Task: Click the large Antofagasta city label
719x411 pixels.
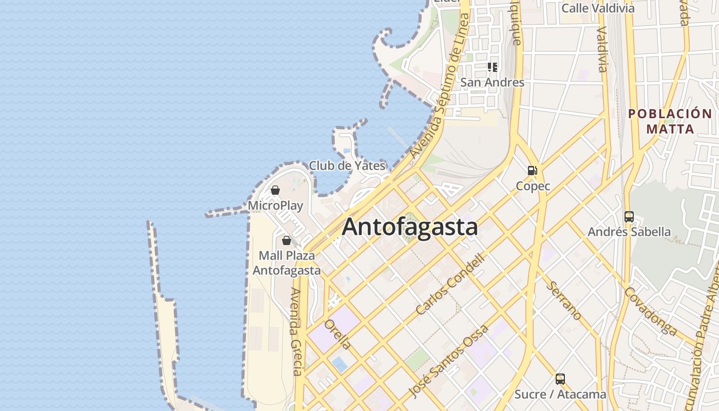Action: click(410, 227)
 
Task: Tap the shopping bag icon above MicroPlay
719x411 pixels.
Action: click(275, 191)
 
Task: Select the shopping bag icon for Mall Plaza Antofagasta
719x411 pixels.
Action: click(287, 240)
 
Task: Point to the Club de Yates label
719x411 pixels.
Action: click(347, 165)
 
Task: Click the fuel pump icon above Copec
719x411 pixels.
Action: click(533, 171)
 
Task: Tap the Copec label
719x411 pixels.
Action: click(533, 186)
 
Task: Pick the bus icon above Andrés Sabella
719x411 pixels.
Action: click(629, 217)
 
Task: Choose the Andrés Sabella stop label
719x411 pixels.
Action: click(629, 232)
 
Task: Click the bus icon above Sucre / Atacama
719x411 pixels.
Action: click(560, 379)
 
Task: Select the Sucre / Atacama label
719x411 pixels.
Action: click(560, 395)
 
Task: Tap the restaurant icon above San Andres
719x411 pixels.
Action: click(493, 67)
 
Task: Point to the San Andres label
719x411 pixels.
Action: click(492, 82)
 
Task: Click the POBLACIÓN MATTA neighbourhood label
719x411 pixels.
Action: click(670, 121)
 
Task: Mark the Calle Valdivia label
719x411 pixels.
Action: click(598, 8)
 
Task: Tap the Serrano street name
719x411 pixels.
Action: click(563, 301)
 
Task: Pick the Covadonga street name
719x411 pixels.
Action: click(650, 310)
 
